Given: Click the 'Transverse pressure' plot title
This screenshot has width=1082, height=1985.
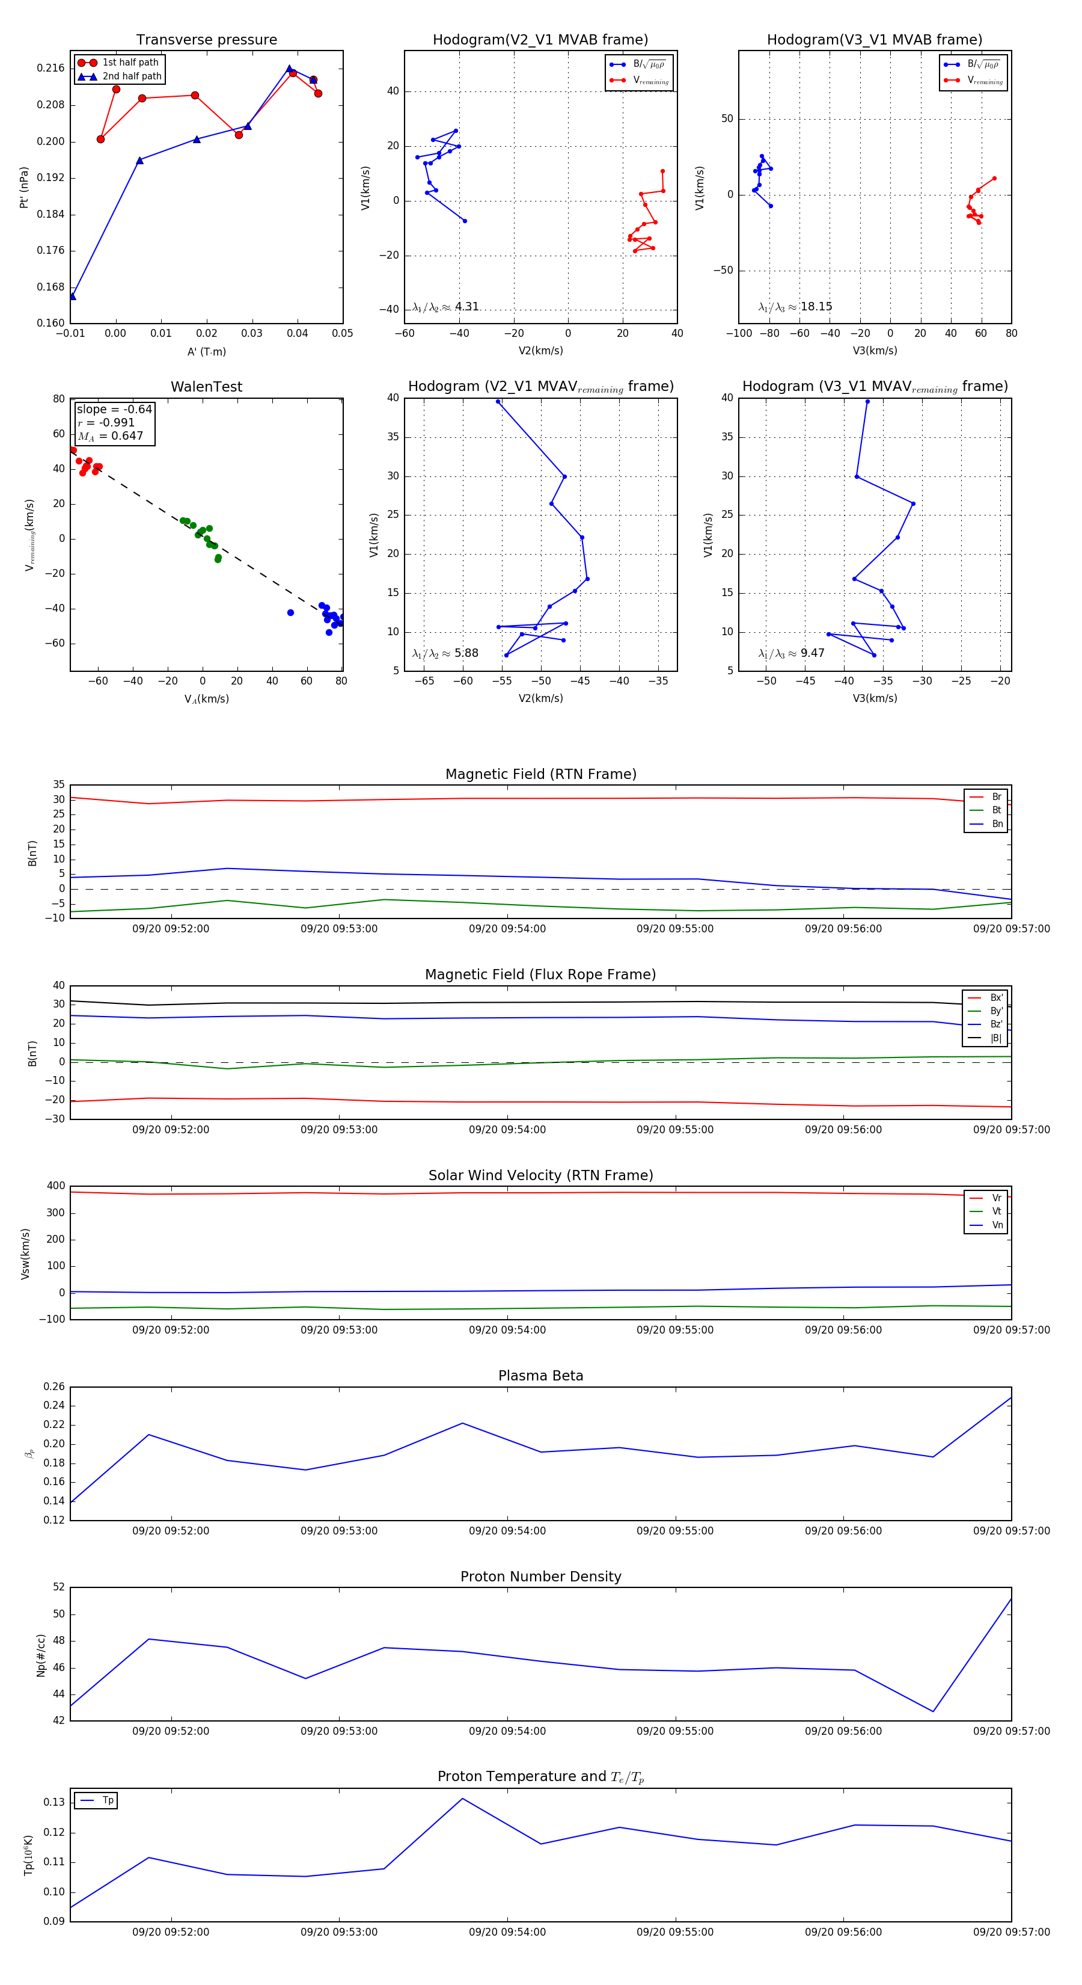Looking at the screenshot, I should tap(206, 40).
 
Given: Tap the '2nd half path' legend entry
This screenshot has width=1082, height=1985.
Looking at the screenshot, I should tap(132, 76).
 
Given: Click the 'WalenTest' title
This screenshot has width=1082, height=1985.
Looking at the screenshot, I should tap(206, 387).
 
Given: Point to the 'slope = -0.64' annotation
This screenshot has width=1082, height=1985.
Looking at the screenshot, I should tap(114, 409).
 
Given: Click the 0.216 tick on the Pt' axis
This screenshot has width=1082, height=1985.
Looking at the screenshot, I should tap(51, 69).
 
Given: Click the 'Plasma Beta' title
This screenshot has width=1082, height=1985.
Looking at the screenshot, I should tap(540, 1376).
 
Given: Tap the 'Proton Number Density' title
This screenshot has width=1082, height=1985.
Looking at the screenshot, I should tap(540, 1577).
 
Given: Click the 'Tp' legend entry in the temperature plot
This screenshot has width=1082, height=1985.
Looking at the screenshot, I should tap(107, 1801).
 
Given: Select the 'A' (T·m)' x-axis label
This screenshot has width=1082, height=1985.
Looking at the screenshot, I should tap(206, 352).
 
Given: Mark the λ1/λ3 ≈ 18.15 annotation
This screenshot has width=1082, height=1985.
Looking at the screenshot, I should tap(795, 307).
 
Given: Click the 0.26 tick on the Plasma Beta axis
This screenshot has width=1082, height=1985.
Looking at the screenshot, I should tap(54, 1387).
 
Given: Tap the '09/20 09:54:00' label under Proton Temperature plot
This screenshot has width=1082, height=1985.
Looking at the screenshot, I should tap(507, 1932).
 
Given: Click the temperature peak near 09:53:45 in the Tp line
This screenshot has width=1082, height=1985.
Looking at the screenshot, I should tap(462, 1799).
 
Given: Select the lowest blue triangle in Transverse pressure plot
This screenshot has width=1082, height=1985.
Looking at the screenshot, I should tap(72, 297).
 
